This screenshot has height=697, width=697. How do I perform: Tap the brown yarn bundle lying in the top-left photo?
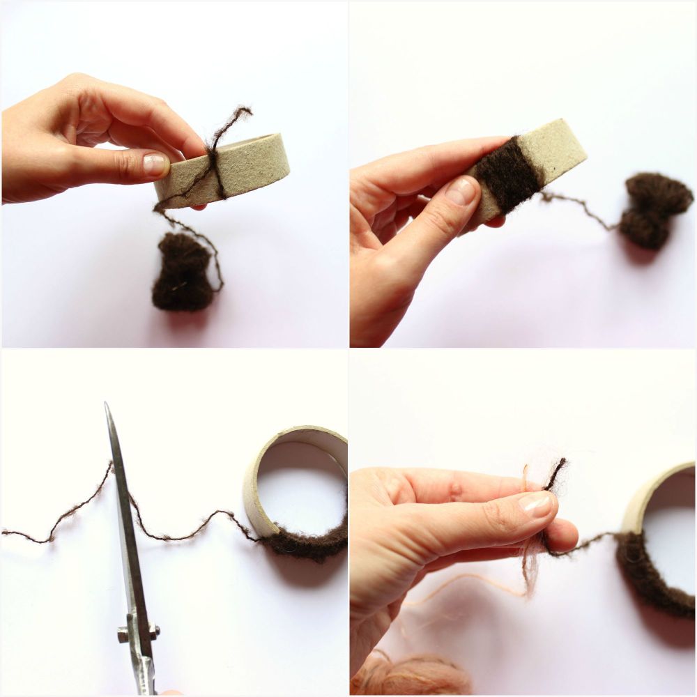pyautogui.click(x=183, y=272)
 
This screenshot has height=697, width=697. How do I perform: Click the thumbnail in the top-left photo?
pyautogui.click(x=155, y=164)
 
